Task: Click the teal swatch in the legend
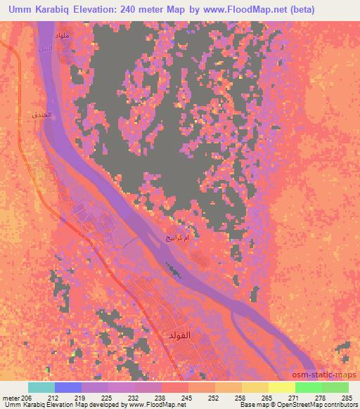[x=41, y=387]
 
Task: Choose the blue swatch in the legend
[x=68, y=387]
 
